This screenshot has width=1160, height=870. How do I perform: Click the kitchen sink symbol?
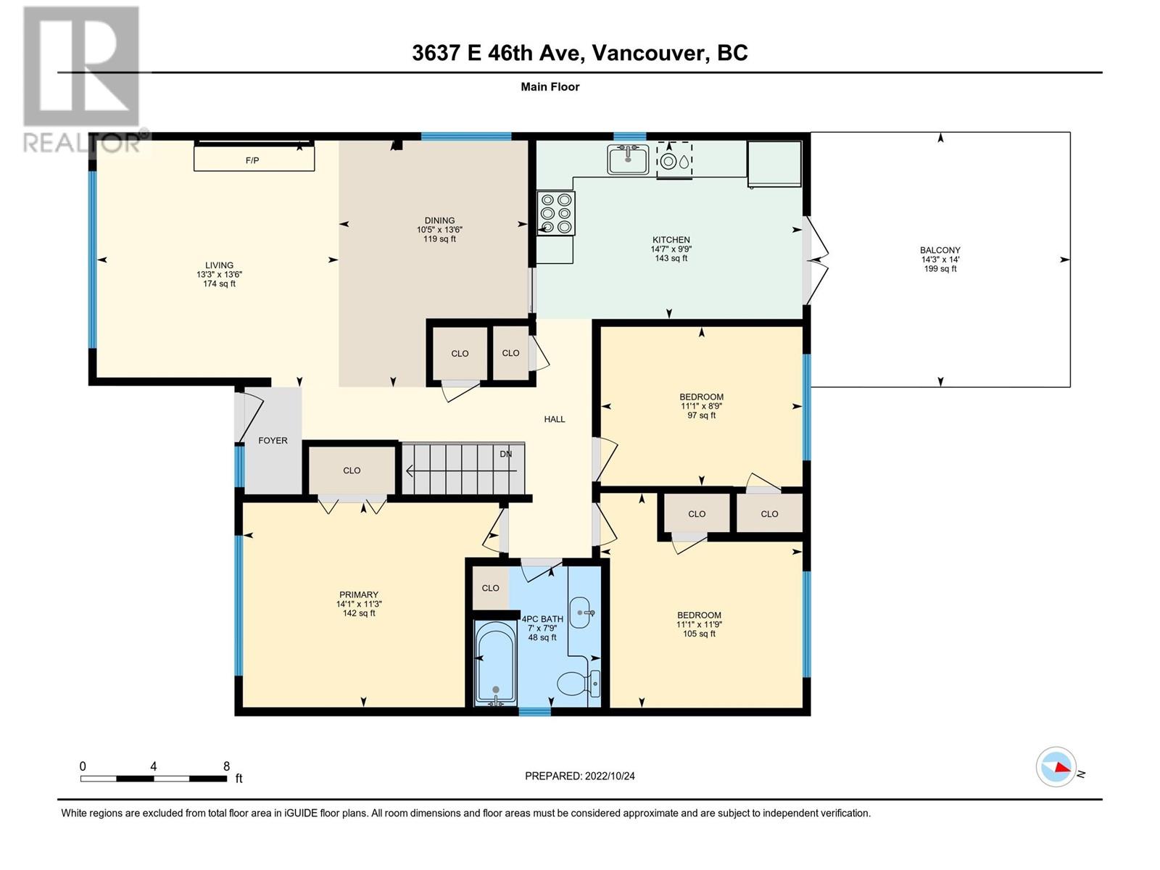tap(628, 159)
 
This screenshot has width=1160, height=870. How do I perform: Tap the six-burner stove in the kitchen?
tap(557, 213)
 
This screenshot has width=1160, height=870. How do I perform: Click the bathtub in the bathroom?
tap(495, 663)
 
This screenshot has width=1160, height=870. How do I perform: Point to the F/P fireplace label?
tap(252, 160)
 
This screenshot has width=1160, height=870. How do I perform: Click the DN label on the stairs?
tap(506, 453)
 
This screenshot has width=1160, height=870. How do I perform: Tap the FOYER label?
tap(273, 440)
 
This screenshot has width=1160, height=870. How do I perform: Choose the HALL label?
tap(555, 419)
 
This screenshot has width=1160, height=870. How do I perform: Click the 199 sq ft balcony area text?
tap(940, 268)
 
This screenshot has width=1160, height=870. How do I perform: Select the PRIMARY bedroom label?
tap(359, 594)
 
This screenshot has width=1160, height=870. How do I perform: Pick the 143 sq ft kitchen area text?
tap(671, 258)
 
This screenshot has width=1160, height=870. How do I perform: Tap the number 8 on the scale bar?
tap(227, 766)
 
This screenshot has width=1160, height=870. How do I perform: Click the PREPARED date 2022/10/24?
tap(609, 776)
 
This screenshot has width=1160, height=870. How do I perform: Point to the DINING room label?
tap(439, 220)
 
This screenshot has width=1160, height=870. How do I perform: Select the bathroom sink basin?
tap(582, 613)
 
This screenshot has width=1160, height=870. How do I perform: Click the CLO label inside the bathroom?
tap(490, 588)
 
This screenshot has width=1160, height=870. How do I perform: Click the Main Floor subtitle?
tap(550, 86)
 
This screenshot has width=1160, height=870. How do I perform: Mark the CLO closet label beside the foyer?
tap(352, 470)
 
